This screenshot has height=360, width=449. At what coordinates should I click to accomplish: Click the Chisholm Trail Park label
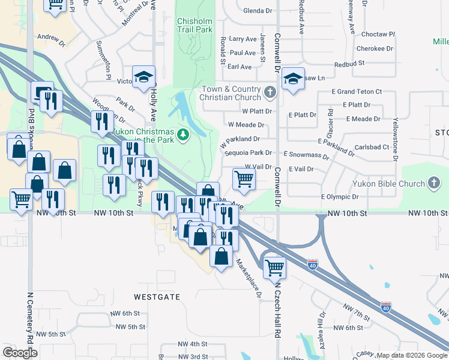click(194, 25)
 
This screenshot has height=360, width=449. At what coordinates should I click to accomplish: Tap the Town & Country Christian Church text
click(231, 94)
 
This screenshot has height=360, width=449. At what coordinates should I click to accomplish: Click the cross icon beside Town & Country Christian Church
click(270, 93)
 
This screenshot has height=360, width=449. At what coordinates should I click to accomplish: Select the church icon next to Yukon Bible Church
click(434, 183)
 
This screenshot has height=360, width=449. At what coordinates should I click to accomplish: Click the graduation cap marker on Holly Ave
click(144, 77)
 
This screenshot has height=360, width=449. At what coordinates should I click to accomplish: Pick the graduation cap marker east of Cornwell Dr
click(293, 79)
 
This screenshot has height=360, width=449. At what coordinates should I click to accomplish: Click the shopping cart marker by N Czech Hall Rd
click(274, 266)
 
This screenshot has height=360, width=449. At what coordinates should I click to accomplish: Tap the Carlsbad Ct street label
click(372, 147)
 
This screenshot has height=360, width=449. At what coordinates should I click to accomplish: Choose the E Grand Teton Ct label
click(357, 92)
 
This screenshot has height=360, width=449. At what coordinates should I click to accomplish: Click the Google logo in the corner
click(20, 353)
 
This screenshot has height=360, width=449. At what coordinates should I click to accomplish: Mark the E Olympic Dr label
click(340, 196)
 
